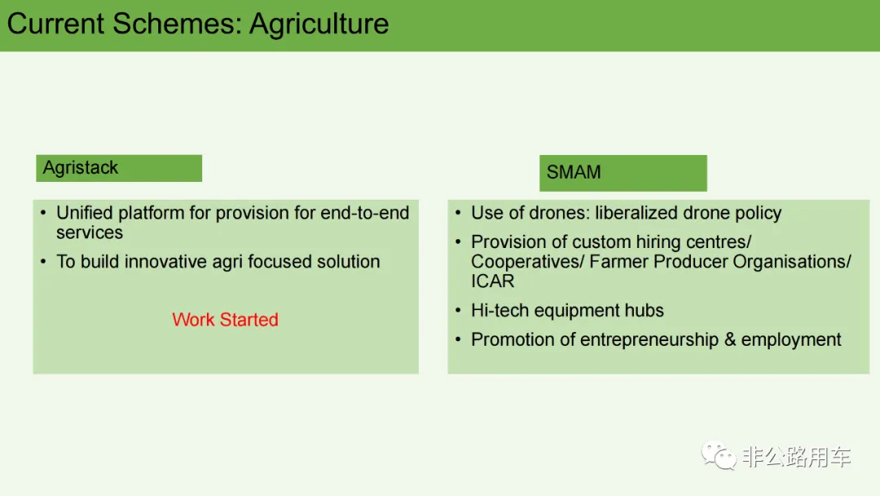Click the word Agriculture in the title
[319, 24]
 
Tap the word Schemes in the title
[177, 24]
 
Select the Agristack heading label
[80, 168]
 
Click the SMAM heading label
[574, 172]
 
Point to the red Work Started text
[225, 320]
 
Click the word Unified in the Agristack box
[84, 213]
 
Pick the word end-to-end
[365, 213]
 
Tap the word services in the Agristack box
[90, 232]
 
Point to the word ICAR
[492, 281]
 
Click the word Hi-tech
[499, 311]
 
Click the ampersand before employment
[729, 340]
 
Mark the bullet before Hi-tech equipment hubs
[459, 310]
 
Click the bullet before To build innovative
[44, 261]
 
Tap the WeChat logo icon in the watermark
[719, 455]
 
